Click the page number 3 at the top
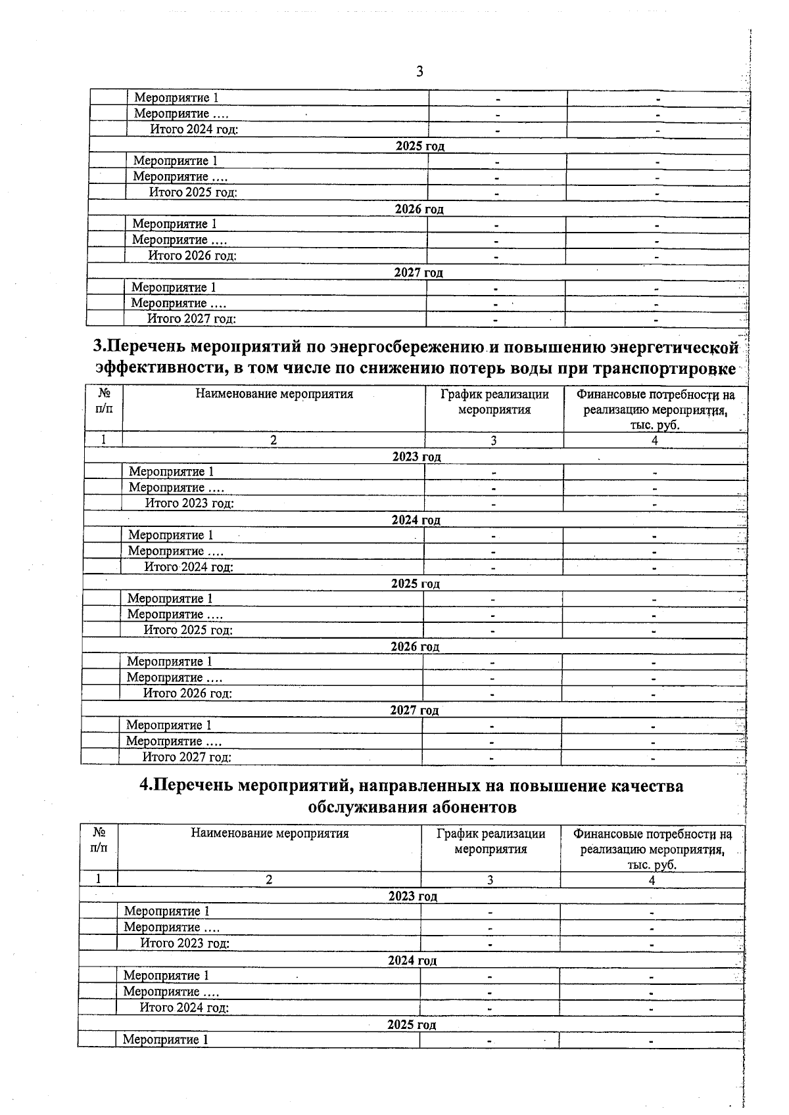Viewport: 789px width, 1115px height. (x=419, y=72)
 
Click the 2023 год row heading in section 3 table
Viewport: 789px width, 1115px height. (x=416, y=457)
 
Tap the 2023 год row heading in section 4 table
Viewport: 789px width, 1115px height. (x=412, y=896)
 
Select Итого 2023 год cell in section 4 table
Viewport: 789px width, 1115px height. (x=185, y=944)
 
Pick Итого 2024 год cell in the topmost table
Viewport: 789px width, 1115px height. (x=194, y=129)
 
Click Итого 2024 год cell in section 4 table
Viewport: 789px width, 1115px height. (x=184, y=1007)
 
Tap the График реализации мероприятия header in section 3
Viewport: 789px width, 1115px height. (x=494, y=402)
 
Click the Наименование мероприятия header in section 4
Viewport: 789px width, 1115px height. (x=270, y=834)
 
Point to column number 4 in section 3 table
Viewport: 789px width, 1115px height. (x=655, y=441)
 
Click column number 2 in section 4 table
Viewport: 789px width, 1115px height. (x=269, y=880)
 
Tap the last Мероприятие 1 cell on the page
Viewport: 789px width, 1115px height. (x=166, y=1039)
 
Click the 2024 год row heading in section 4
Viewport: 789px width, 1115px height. (x=412, y=961)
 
